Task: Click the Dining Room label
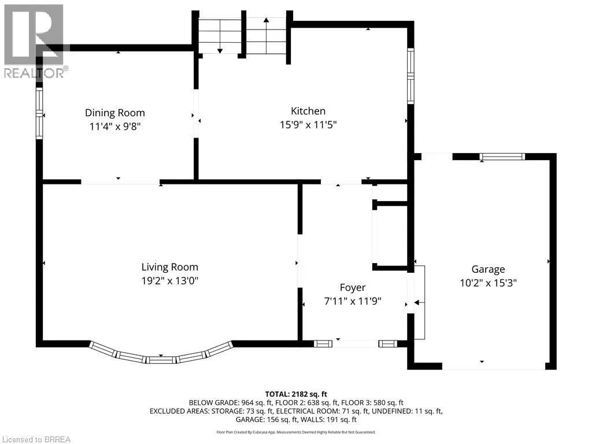(115, 113)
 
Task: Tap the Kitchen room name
(308, 111)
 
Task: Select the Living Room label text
(169, 267)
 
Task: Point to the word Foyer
(353, 288)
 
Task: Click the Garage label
(488, 269)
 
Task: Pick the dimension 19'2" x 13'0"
(169, 281)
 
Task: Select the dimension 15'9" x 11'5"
(308, 125)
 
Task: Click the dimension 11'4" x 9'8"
(115, 126)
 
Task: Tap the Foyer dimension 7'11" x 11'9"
(353, 301)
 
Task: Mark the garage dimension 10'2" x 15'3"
(488, 283)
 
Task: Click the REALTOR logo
(35, 41)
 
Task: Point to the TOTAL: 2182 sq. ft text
(296, 394)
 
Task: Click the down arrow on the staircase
(219, 36)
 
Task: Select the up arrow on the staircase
(266, 35)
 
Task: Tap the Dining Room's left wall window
(39, 113)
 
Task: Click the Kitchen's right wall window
(410, 76)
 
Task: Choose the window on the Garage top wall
(502, 156)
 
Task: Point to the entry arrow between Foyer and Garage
(420, 302)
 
